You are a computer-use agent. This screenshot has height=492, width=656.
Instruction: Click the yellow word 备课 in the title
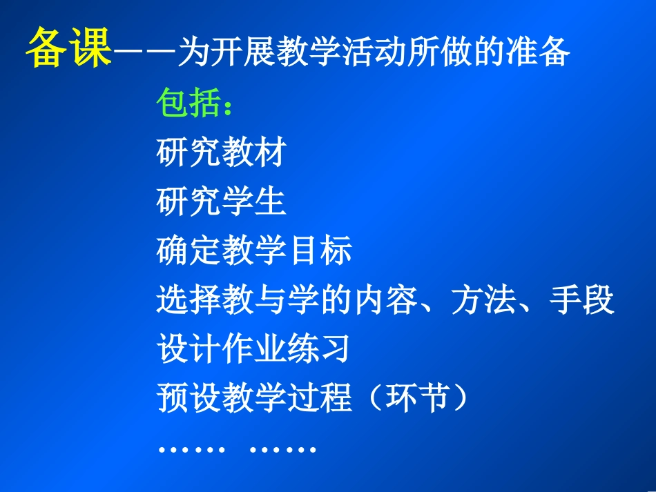pos(69,49)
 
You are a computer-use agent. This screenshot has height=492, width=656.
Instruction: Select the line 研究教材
pos(221,153)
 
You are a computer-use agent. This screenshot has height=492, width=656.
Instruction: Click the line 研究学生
pos(221,202)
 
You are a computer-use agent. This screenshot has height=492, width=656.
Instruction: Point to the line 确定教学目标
pos(254,251)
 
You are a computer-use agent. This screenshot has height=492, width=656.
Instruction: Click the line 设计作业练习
pos(253,350)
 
